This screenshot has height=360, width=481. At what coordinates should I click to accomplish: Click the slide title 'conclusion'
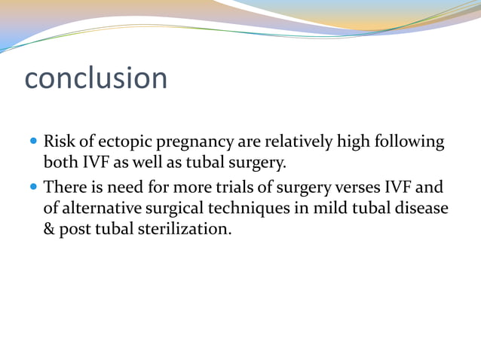point(96,79)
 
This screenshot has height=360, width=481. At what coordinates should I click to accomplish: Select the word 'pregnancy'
point(191,142)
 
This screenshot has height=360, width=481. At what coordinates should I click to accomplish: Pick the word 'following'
point(408,142)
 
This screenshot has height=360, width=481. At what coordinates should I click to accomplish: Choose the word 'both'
point(60,163)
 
